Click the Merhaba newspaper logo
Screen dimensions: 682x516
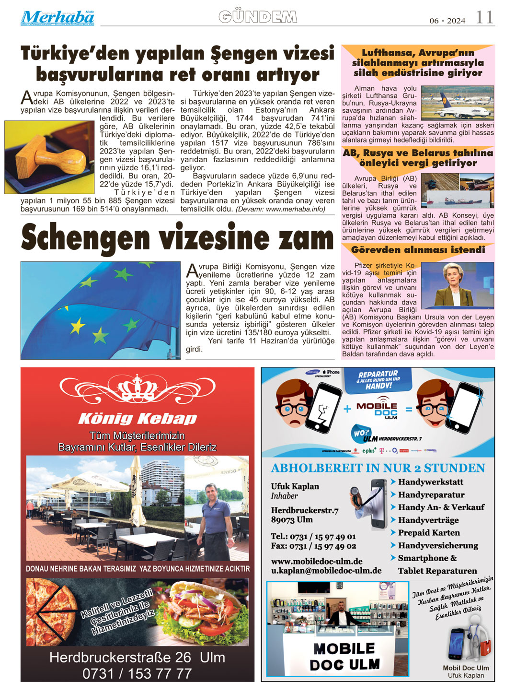pos(57,18)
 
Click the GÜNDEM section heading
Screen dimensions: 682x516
pos(258,17)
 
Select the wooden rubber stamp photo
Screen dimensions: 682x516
pos(50,157)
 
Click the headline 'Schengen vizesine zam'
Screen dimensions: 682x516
pos(177,238)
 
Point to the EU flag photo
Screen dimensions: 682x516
pos(100,310)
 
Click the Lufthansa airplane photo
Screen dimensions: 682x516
pos(457,103)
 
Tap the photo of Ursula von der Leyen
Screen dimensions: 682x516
pos(457,285)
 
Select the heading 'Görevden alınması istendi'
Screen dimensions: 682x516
pos(418,250)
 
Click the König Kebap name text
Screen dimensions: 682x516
pos(138,419)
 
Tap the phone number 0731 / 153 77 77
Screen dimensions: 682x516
pos(137,673)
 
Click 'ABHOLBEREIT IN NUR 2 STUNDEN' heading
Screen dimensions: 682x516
pos(378,468)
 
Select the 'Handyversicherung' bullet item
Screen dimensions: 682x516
pos(438,545)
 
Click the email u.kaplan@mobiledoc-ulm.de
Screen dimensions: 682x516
pos(326,571)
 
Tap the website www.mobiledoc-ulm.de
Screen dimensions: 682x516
pos(317,561)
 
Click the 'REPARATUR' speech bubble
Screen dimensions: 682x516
pos(378,379)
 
